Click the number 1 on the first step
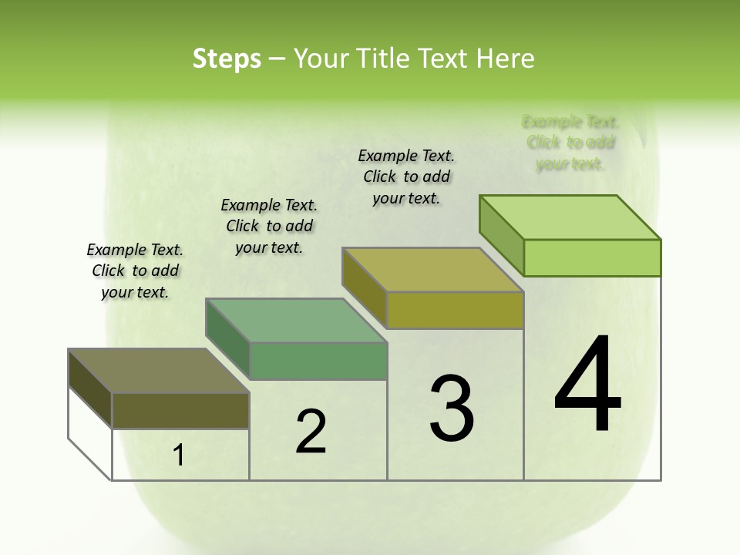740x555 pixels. tap(179, 456)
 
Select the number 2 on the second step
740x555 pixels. tap(311, 432)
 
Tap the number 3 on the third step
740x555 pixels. tap(451, 409)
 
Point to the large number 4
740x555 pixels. tap(588, 385)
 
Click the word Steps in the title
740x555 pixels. tap(227, 59)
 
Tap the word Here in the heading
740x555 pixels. tap(506, 59)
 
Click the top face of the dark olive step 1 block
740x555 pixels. tap(158, 371)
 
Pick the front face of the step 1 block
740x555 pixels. tap(180, 410)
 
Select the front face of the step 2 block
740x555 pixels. tap(318, 361)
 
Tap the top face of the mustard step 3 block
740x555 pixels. tap(432, 270)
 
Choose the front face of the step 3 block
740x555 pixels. tap(455, 310)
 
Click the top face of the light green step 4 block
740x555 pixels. tap(570, 217)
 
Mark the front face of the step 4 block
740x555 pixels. tap(592, 257)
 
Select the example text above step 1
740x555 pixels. tap(135, 271)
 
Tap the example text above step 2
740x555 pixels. tap(269, 226)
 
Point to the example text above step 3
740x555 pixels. tap(406, 177)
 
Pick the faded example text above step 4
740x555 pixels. tap(570, 143)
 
